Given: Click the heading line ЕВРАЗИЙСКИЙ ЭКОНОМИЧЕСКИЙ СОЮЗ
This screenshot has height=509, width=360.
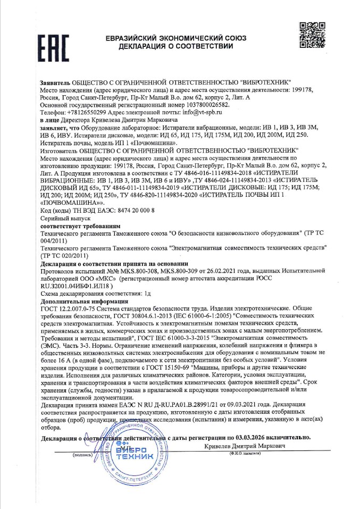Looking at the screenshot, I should pyautogui.click(x=176, y=38).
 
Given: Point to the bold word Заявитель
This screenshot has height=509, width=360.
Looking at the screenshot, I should pyautogui.click(x=55, y=84).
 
